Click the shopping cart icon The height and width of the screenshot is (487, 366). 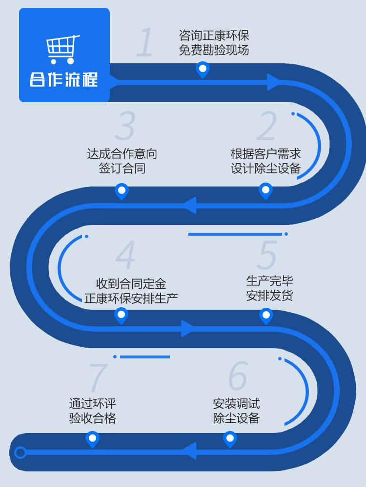(63, 49)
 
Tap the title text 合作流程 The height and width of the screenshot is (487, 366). (63, 79)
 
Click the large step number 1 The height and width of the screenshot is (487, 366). (145, 43)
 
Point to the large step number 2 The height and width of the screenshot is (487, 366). (267, 127)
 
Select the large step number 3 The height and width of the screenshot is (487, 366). (125, 127)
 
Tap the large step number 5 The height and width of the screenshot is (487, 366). (267, 255)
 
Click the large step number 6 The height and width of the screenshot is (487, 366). (238, 376)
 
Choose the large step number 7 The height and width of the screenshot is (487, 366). (98, 378)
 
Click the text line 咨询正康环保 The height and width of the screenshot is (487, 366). (214, 36)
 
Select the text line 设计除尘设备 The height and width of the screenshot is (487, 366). (266, 169)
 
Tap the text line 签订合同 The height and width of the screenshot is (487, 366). (122, 169)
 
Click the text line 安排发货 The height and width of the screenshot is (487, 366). (269, 295)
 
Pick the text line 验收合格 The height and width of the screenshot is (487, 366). (93, 418)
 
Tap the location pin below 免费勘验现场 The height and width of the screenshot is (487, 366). (203, 69)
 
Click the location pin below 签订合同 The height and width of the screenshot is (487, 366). (122, 191)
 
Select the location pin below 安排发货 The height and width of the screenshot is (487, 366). (266, 316)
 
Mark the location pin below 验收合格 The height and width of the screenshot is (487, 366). (92, 439)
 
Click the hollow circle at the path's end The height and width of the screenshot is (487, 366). (20, 452)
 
